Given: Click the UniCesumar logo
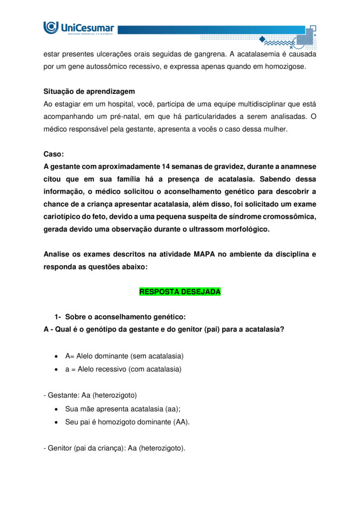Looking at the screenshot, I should (x=79, y=28).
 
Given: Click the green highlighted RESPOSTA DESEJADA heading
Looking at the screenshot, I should (x=180, y=292).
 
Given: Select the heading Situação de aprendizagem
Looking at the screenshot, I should (x=89, y=92).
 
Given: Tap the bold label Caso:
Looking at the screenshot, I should (x=54, y=154).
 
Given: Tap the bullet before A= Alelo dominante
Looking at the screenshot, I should (x=57, y=356).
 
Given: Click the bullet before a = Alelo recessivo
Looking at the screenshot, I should (x=57, y=369).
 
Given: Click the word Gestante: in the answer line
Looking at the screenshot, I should (x=63, y=395).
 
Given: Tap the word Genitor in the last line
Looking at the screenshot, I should (x=60, y=448).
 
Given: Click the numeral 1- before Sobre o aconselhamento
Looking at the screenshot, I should (x=58, y=317).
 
